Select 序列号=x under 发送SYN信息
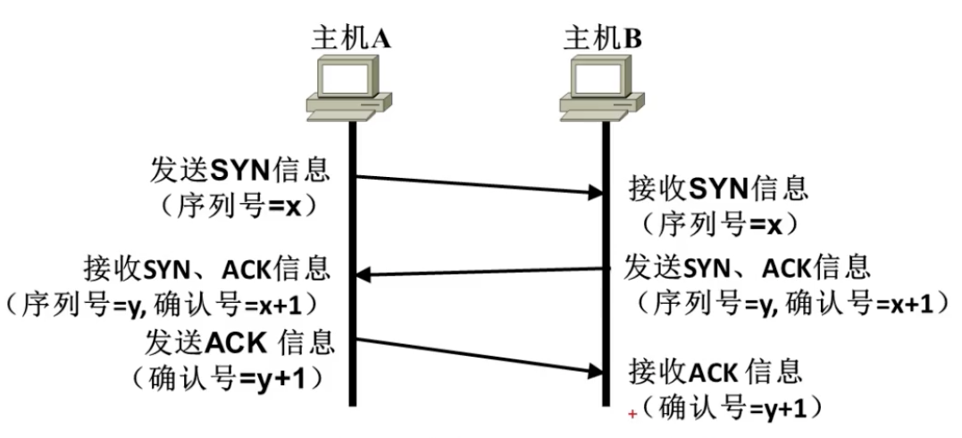pos(240,206)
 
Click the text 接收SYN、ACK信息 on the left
pos(207,269)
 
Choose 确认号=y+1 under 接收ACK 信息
pos(726,407)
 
